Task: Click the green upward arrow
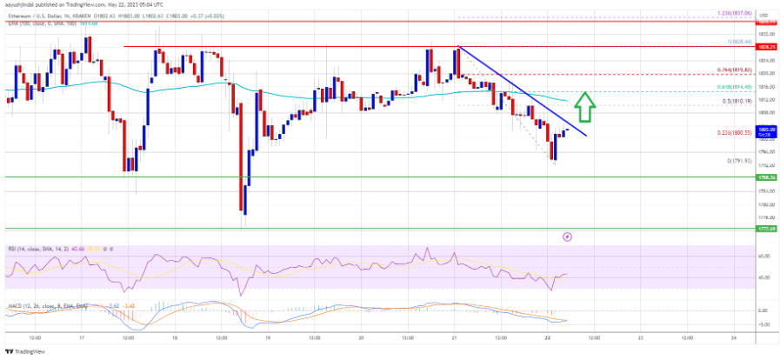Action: click(587, 105)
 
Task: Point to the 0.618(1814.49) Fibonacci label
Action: click(727, 88)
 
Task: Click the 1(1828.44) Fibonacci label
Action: click(729, 41)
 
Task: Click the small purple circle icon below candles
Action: click(568, 235)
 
